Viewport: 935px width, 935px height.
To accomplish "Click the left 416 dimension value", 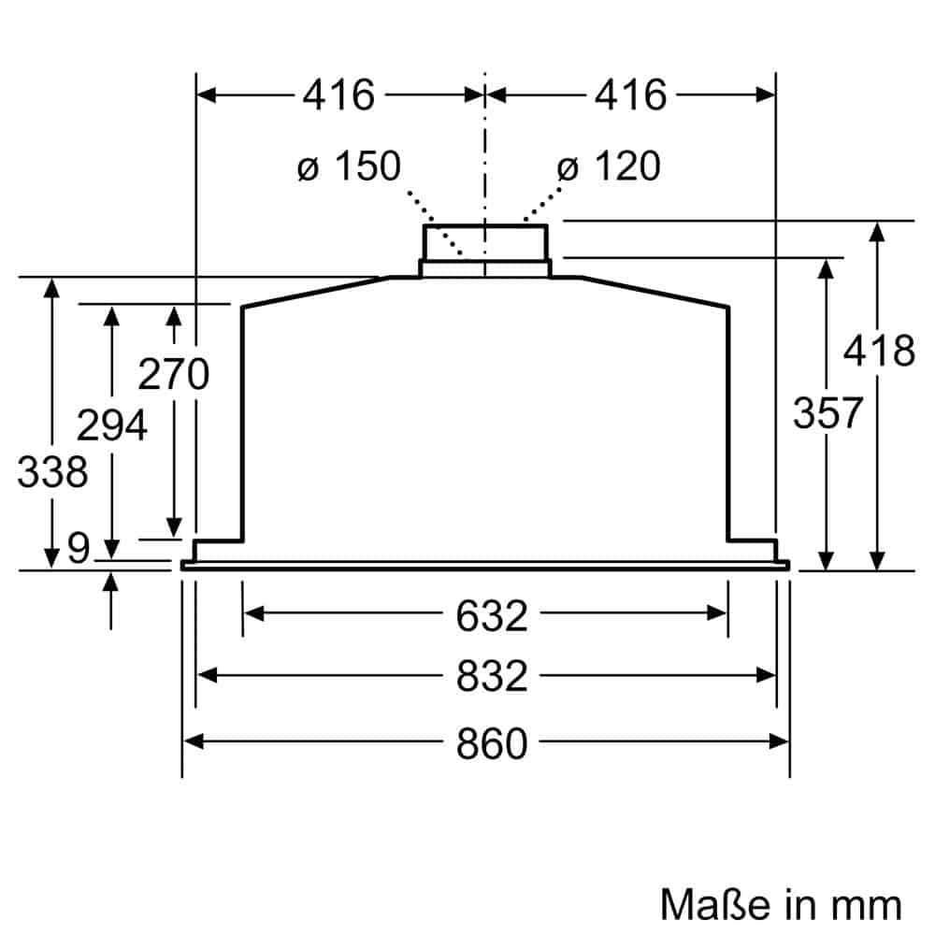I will (338, 94).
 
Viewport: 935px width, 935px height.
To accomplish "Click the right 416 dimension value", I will (630, 94).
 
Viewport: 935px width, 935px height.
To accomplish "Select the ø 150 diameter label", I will (349, 166).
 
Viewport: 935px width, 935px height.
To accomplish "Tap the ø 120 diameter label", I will (609, 166).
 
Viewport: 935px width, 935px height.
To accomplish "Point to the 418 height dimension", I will (879, 352).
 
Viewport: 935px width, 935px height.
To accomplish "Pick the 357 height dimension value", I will (827, 412).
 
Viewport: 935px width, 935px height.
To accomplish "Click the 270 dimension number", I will (173, 375).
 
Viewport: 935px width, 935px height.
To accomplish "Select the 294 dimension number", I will (111, 426).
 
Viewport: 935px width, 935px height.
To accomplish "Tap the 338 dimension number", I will (52, 472).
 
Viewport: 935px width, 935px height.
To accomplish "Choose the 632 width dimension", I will (492, 615).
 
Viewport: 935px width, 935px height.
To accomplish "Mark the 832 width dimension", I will (492, 676).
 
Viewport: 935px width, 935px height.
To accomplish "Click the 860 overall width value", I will (492, 743).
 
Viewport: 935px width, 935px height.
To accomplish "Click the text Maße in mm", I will (781, 904).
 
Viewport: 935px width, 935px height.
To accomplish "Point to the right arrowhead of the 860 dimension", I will (781, 741).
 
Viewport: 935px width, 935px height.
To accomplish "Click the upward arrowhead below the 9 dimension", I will (111, 582).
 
